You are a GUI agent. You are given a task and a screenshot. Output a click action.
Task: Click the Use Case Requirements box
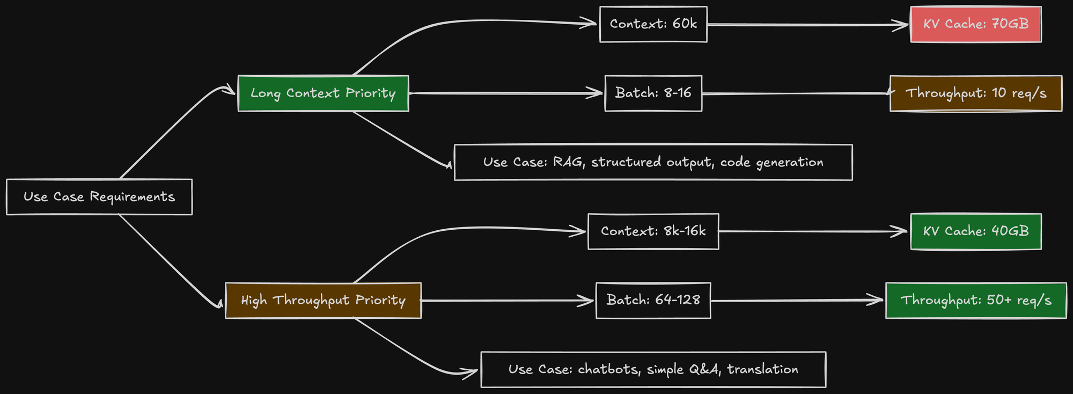99,197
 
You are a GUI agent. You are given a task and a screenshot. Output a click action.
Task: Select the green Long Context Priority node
323,93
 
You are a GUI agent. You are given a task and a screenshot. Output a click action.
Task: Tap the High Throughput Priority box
323,301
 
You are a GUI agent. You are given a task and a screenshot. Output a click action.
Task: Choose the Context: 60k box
653,24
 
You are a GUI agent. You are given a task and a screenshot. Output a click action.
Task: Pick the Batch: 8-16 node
653,93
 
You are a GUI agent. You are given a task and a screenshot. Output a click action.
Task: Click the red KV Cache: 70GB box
975,24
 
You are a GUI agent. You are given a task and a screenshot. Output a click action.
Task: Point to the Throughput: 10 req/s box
975,93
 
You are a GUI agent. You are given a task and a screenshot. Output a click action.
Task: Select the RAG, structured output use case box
653,162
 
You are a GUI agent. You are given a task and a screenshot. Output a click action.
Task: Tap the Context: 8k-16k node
653,231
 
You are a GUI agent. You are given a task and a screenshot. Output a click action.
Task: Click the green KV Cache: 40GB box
975,231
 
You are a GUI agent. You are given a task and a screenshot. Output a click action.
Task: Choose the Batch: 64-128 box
653,301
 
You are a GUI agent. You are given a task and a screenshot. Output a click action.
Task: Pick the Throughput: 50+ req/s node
975,301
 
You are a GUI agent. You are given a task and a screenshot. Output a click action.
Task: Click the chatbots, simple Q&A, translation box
653,369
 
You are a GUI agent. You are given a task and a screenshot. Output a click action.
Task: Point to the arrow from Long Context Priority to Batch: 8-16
504,93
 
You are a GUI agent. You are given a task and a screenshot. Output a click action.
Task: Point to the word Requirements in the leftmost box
133,197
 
